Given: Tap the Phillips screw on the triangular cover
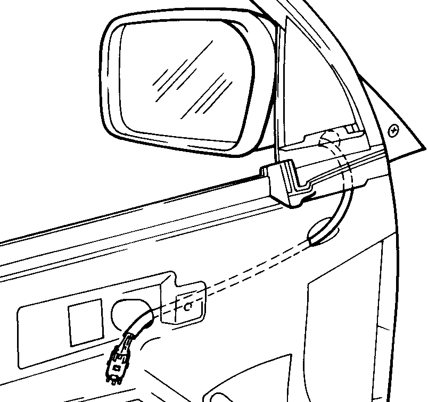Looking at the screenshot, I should (x=393, y=130).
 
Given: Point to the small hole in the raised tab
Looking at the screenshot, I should (x=187, y=306).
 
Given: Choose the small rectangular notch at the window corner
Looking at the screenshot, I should (x=351, y=128).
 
